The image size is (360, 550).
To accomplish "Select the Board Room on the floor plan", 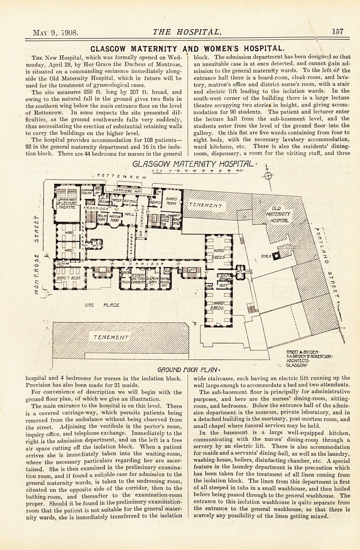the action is coord(171,201).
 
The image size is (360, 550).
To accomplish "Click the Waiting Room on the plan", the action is coord(114,218).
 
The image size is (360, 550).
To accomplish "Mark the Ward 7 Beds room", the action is coord(69,278).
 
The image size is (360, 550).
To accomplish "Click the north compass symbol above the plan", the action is coord(268,176).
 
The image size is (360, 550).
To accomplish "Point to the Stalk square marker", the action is coord(277,256).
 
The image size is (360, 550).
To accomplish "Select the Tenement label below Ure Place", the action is coord(110,337).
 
